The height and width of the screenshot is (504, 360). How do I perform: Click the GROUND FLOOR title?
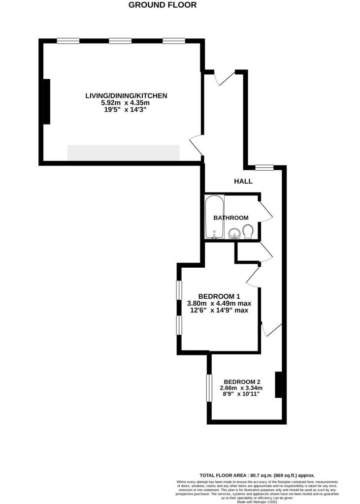pyautogui.click(x=163, y=5)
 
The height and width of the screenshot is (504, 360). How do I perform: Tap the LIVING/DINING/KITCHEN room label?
pyautogui.click(x=127, y=95)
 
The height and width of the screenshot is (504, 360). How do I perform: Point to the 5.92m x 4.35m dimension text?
pyautogui.click(x=125, y=103)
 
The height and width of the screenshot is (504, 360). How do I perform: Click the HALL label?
pyautogui.click(x=243, y=181)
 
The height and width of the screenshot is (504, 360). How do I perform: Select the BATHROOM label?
pyautogui.click(x=230, y=218)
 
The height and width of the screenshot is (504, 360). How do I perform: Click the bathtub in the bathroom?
pyautogui.click(x=214, y=217)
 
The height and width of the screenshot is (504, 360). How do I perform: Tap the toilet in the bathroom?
pyautogui.click(x=248, y=231)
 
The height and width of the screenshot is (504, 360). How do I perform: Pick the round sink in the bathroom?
pyautogui.click(x=234, y=233)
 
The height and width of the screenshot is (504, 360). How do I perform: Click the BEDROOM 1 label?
pyautogui.click(x=219, y=296)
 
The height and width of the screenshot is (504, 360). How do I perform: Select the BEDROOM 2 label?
pyautogui.click(x=242, y=381)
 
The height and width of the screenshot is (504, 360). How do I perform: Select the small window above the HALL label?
pyautogui.click(x=264, y=168)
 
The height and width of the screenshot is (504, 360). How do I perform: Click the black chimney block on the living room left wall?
pyautogui.click(x=47, y=101)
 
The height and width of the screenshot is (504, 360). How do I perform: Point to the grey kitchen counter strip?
pyautogui.click(x=123, y=152)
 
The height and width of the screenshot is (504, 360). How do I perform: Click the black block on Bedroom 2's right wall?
pyautogui.click(x=278, y=384)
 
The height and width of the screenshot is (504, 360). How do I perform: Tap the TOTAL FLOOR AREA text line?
pyautogui.click(x=257, y=475)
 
